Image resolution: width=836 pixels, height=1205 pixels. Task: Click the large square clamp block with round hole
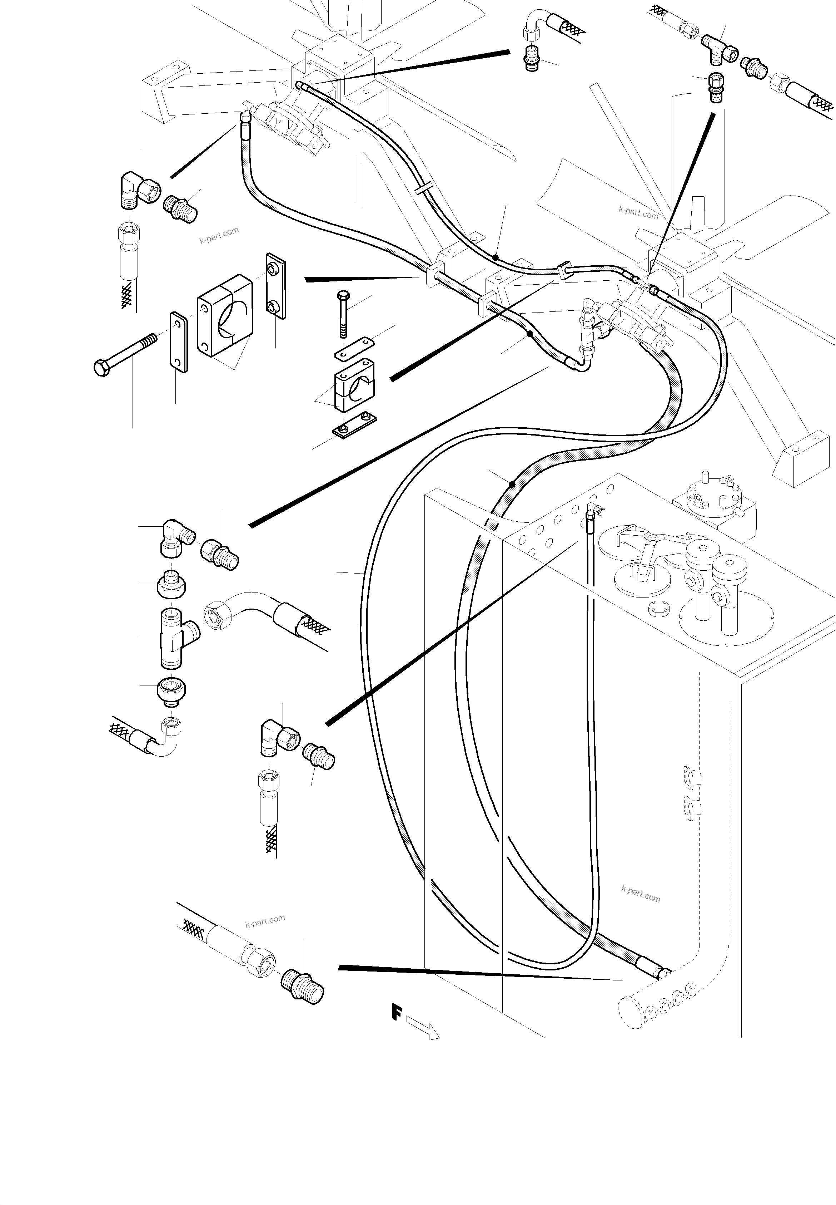click(225, 316)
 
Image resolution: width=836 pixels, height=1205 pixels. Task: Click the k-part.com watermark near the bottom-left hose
click(265, 921)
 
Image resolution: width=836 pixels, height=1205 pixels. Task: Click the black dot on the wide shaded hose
click(512, 483)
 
